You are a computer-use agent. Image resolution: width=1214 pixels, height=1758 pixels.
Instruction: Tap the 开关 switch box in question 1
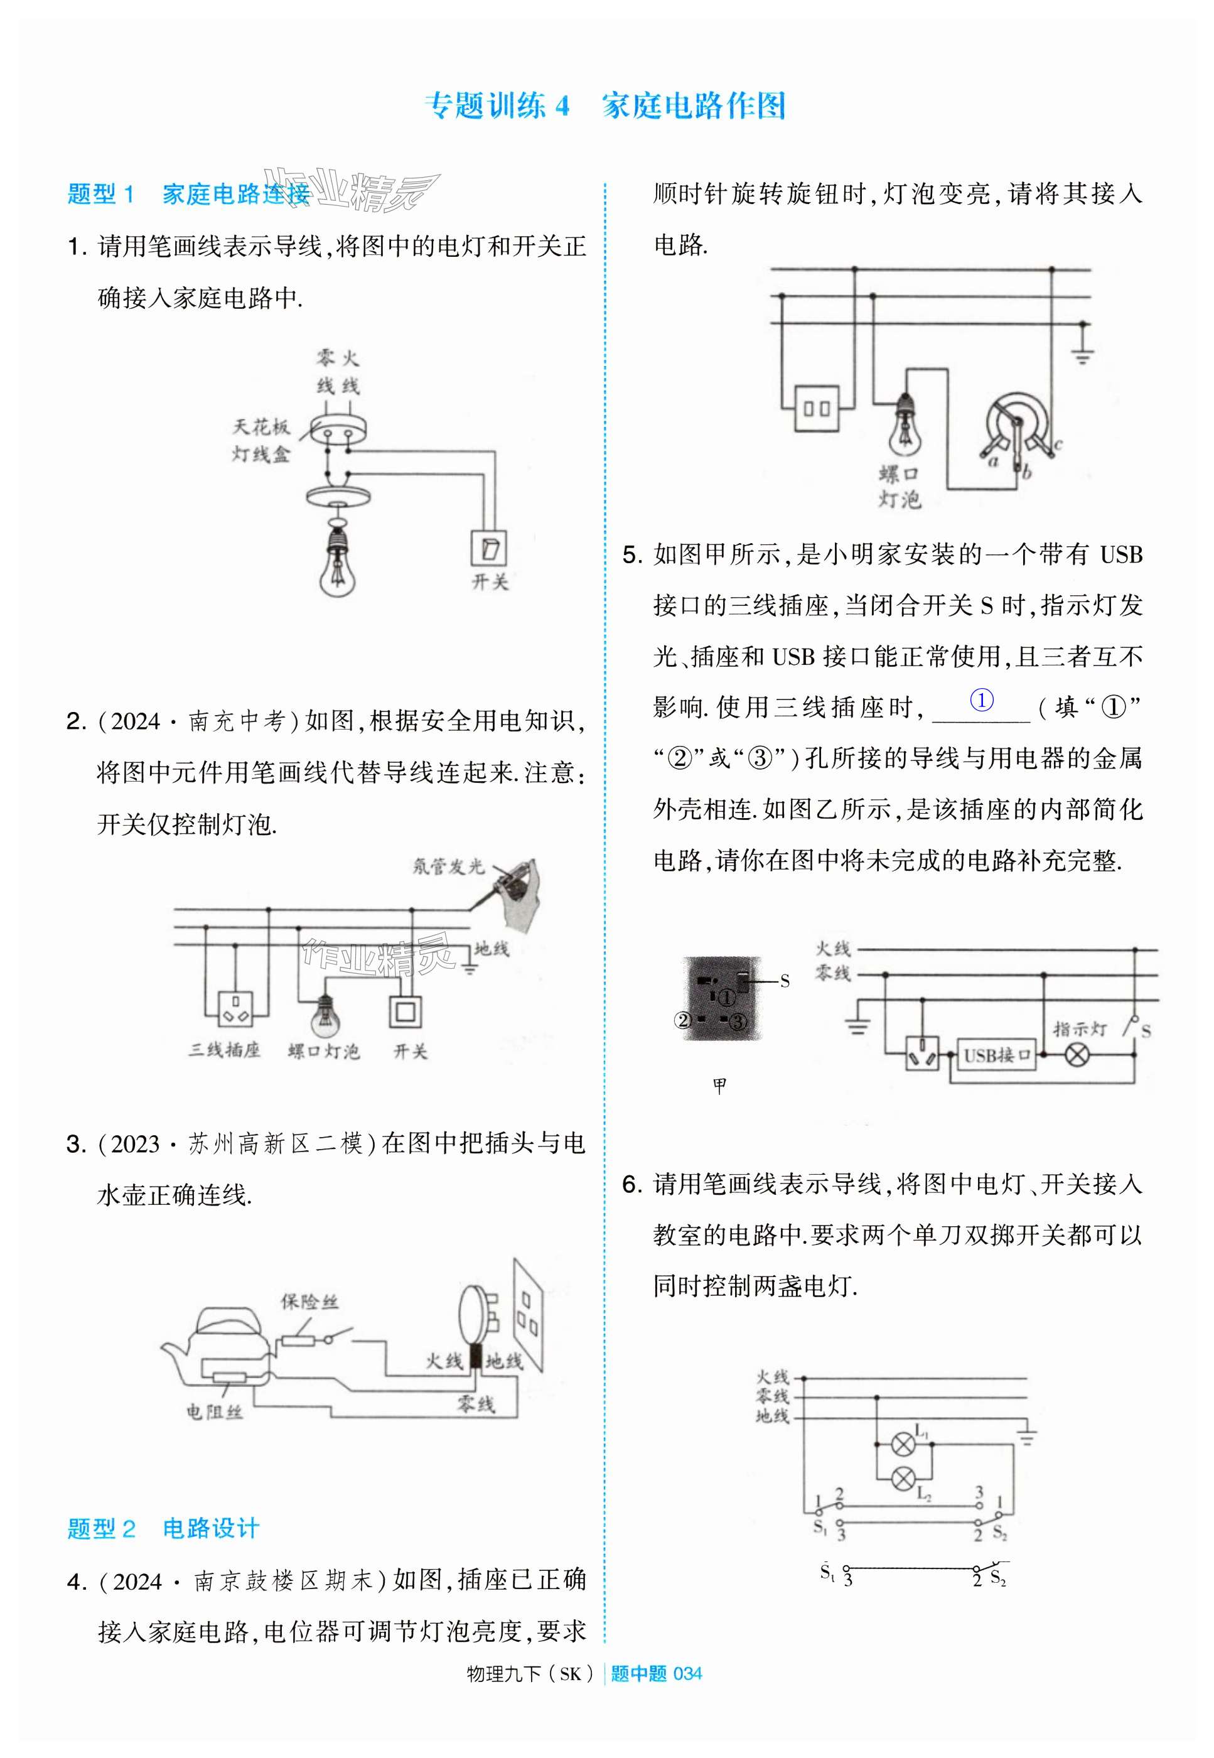point(488,547)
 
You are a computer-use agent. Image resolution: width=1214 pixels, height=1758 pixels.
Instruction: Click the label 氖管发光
point(448,866)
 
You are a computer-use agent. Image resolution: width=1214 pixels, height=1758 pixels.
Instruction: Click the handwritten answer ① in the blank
point(981,700)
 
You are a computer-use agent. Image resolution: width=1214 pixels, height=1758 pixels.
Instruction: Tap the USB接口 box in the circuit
point(996,1055)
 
